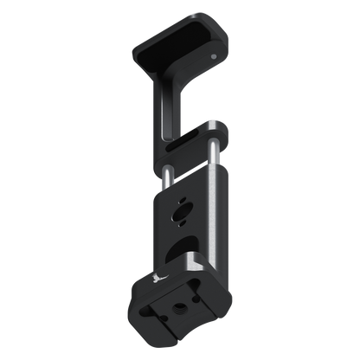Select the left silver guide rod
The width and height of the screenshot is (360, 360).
point(162,173)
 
